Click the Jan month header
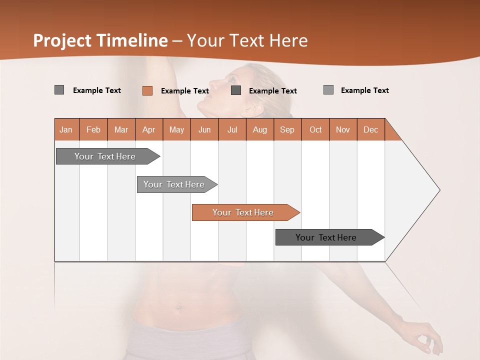[x=66, y=129]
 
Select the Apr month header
[x=149, y=129]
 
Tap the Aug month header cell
[x=260, y=129]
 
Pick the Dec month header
[x=371, y=129]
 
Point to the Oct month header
[x=315, y=129]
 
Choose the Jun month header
[x=204, y=129]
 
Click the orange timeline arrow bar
[x=243, y=212]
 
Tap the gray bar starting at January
[x=105, y=156]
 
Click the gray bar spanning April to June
[x=174, y=184]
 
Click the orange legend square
[x=147, y=90]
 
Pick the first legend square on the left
[x=59, y=90]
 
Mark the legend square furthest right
[x=328, y=90]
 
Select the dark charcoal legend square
[x=236, y=90]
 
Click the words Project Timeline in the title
[x=100, y=40]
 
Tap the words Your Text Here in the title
[x=247, y=40]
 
